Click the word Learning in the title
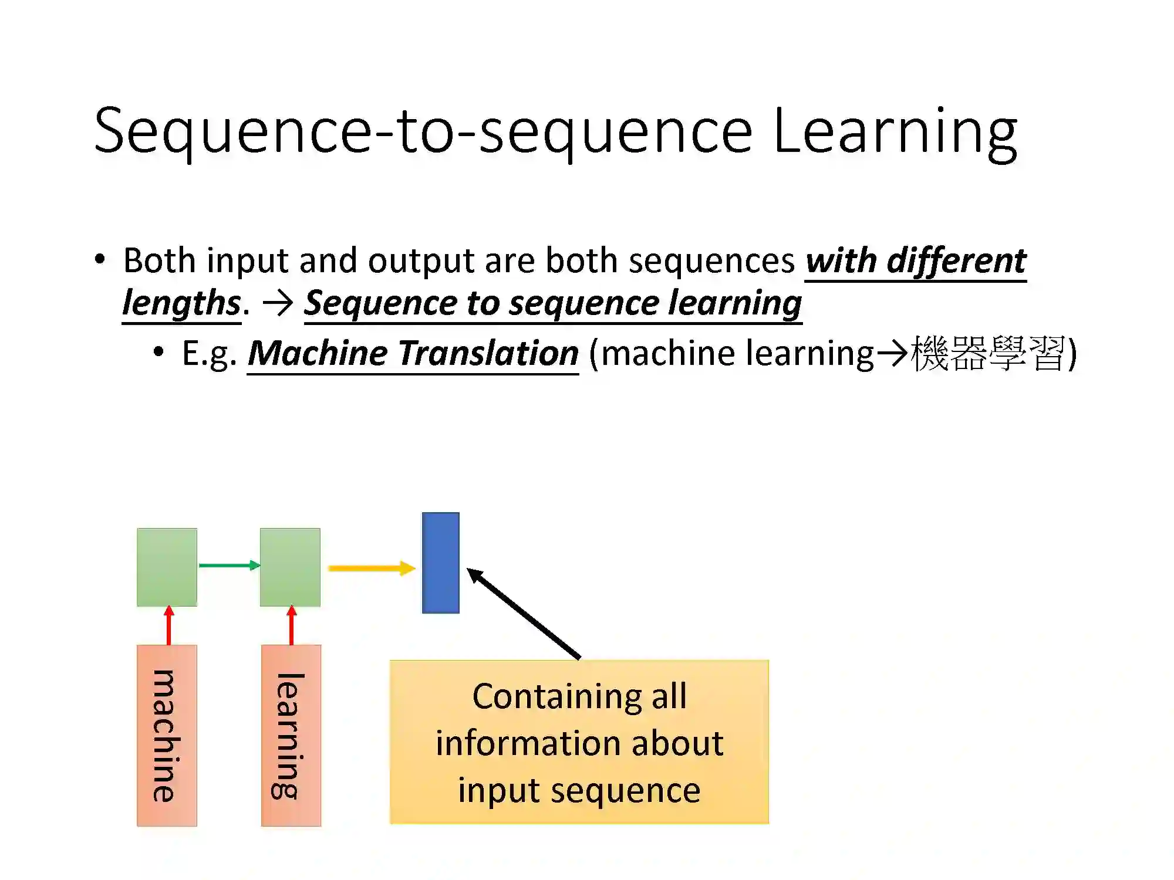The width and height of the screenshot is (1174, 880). tap(895, 132)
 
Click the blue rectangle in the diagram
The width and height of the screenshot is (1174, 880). tap(440, 563)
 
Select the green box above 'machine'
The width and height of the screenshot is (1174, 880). tap(167, 567)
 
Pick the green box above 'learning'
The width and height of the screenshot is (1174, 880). tap(290, 567)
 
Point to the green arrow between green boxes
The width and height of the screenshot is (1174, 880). tap(229, 566)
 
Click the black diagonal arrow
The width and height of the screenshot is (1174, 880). tap(522, 612)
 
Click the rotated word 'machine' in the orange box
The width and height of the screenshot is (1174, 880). tap(165, 736)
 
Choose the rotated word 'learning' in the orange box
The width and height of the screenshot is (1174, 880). tap(289, 736)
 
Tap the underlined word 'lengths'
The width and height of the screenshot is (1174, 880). tap(181, 303)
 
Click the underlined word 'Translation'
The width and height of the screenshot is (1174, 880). tap(488, 354)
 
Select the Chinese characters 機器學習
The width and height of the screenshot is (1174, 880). tap(987, 354)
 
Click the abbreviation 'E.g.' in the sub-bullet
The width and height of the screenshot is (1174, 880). tap(209, 354)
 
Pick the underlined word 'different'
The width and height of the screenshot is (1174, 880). tap(956, 260)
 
